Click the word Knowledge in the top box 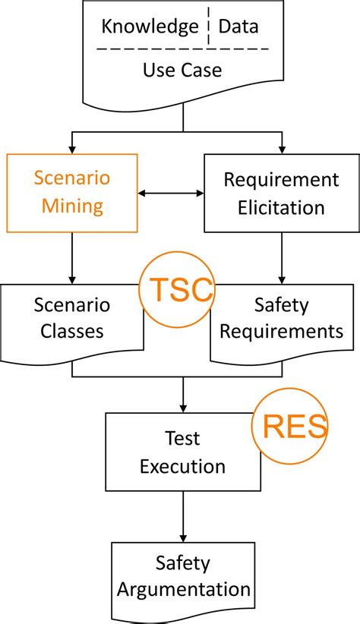150,27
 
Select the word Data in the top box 238,27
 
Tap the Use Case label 182,71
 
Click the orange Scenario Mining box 72,193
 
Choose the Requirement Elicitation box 281,193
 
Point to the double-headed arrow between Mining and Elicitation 172,194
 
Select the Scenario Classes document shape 72,319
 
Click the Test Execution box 182,452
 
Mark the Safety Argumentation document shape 182,577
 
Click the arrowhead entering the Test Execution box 182,408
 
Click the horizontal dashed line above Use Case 182,49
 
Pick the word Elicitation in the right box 281,206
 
